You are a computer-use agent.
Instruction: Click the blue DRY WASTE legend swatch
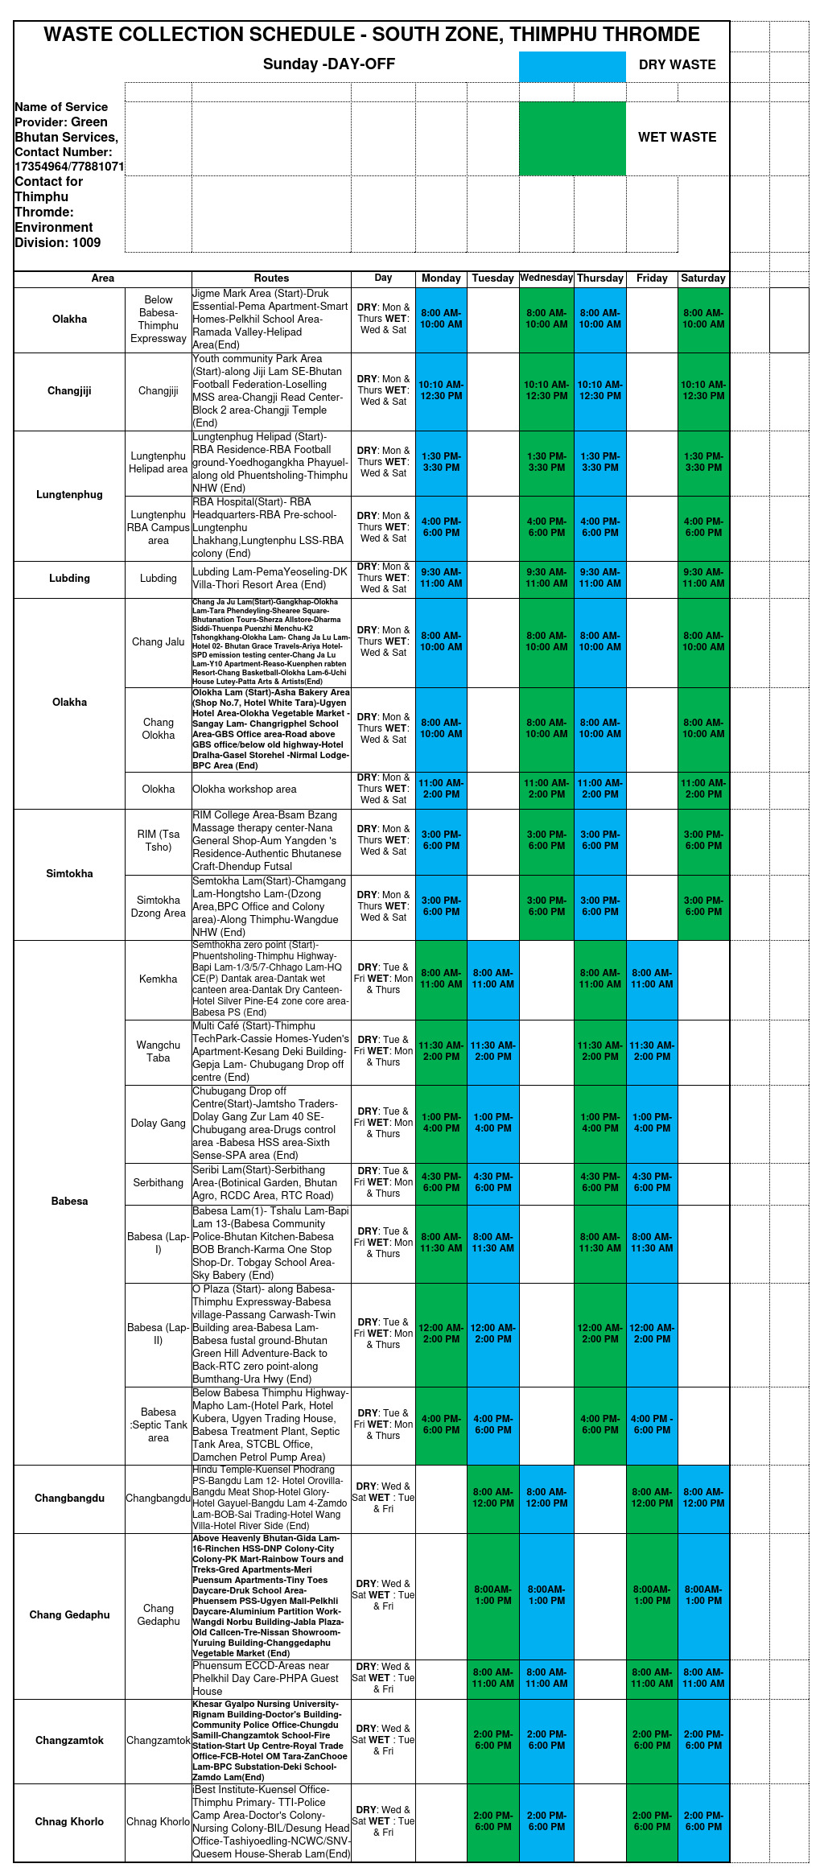point(572,67)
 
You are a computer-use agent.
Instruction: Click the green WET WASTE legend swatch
point(572,138)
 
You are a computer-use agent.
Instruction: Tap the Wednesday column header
point(546,278)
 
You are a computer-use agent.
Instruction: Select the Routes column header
point(271,278)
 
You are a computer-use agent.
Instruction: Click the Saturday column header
point(703,278)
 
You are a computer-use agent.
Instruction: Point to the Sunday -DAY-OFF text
point(328,64)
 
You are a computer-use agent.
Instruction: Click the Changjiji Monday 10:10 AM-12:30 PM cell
point(441,390)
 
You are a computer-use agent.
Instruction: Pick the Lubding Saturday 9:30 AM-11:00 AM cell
point(703,578)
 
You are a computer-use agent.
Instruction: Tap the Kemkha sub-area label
point(158,979)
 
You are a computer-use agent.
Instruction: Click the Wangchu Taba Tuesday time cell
point(492,1051)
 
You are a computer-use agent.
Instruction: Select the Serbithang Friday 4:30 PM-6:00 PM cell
point(652,1182)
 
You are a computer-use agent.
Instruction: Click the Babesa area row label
point(69,1201)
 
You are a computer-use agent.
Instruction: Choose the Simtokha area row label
point(69,873)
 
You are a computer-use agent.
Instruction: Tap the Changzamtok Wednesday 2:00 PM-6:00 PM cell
point(546,1740)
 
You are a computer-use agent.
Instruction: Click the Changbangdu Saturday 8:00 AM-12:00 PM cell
point(703,1498)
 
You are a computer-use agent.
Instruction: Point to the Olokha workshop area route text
point(245,789)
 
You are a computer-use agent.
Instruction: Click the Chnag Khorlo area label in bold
point(69,1821)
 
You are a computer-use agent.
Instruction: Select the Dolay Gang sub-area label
point(158,1123)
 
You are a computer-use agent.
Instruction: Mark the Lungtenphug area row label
point(69,494)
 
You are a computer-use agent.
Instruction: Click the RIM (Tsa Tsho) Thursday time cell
point(599,840)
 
